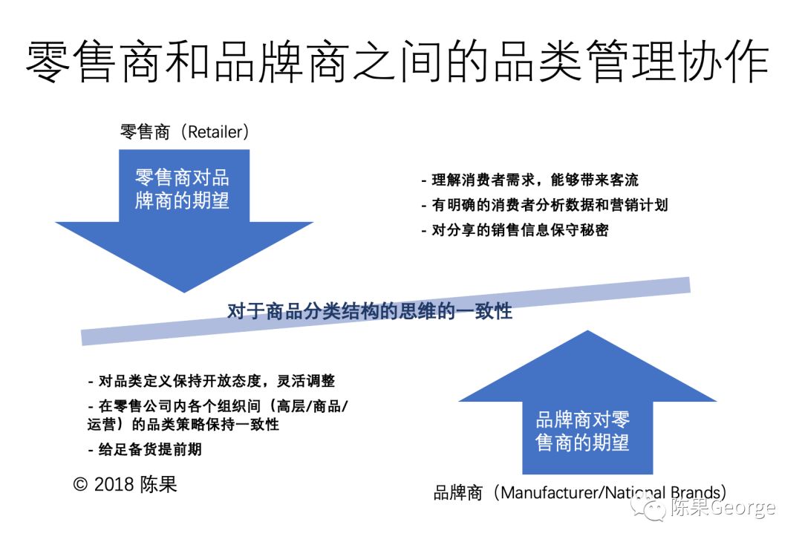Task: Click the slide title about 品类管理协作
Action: (x=397, y=61)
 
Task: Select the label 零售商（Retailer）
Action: (x=184, y=132)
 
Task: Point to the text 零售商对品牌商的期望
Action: (x=182, y=189)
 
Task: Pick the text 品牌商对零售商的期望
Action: (x=582, y=431)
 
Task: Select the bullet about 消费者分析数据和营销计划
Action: (x=544, y=205)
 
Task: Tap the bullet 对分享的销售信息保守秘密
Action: (x=515, y=229)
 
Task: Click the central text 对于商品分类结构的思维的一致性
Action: (x=369, y=311)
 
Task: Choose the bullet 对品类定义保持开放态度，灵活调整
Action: (x=212, y=381)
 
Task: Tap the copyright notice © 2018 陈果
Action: (x=125, y=485)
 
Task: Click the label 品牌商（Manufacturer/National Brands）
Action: (x=579, y=492)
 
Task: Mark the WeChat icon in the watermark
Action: (x=653, y=509)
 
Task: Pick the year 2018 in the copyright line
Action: (x=114, y=485)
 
